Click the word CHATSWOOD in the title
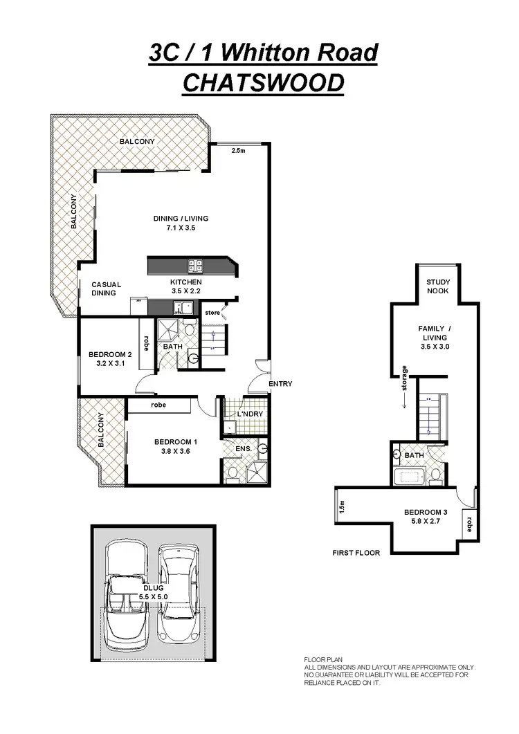(262, 82)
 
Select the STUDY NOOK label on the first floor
(437, 286)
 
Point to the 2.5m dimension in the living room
(237, 150)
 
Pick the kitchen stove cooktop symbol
(195, 264)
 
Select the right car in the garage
(179, 592)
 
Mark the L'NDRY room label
(248, 414)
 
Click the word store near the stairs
(211, 313)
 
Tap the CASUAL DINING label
(106, 288)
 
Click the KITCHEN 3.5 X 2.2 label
(185, 287)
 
